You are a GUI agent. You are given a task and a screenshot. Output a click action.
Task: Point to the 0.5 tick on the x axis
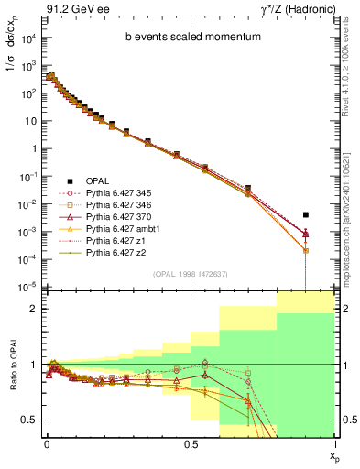(190, 442)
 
